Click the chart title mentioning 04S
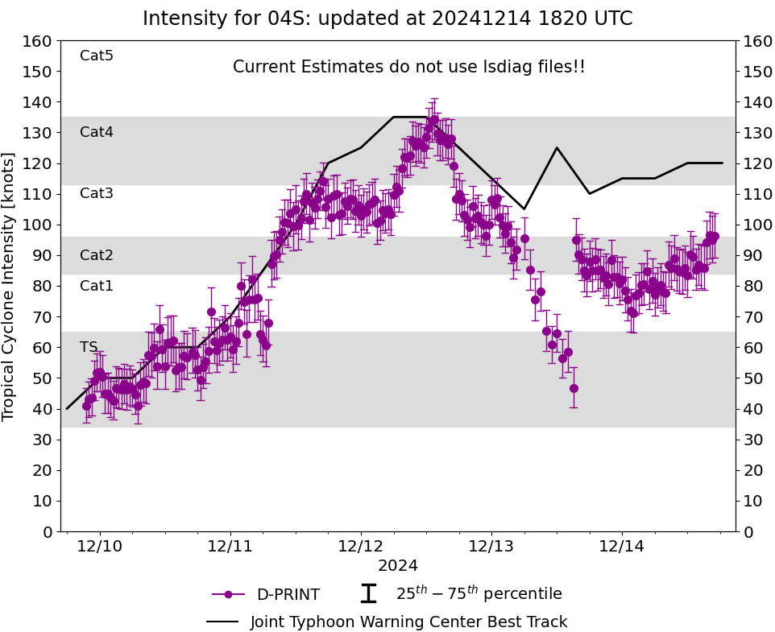387,19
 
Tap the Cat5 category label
97,56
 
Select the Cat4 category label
97,132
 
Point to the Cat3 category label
97,193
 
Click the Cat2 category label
97,255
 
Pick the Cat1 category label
97,286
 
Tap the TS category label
89,347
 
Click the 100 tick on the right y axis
756,225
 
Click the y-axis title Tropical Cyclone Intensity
10,286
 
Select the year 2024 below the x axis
398,566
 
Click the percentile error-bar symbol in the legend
368,594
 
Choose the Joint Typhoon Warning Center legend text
408,622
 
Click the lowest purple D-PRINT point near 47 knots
574,388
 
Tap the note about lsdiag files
408,67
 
